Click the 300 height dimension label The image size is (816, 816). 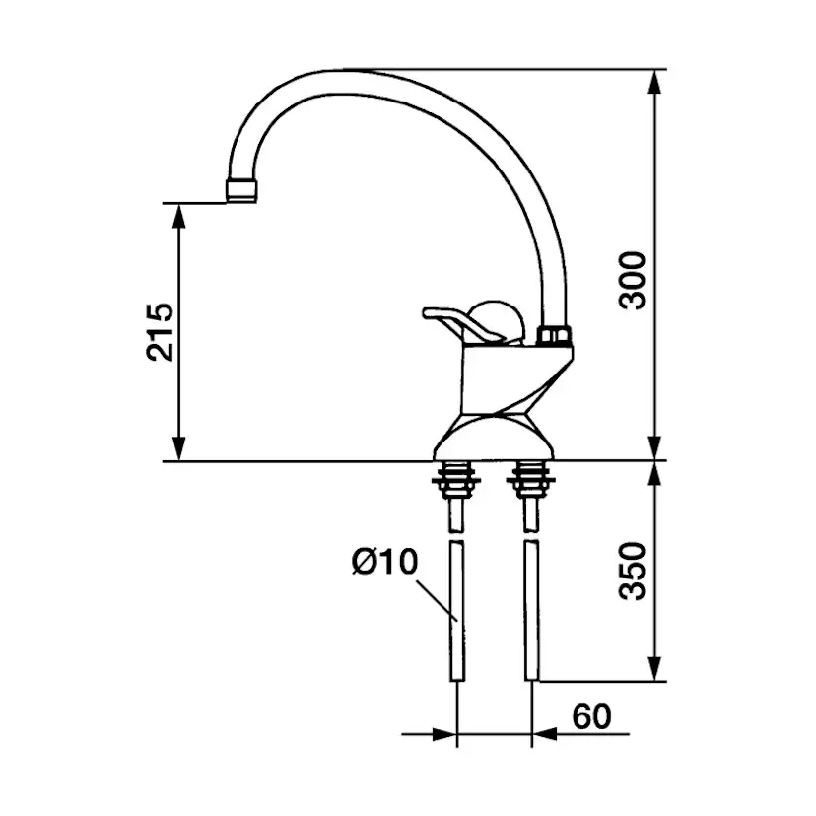point(633,281)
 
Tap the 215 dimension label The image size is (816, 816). point(160,331)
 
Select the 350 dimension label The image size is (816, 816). point(633,571)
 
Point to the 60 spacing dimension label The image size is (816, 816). point(591,716)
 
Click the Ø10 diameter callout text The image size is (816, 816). point(385,562)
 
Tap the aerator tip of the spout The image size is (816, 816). point(241,190)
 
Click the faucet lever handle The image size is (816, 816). point(459,323)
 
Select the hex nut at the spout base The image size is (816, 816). point(553,334)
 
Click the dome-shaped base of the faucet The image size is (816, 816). point(494,438)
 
